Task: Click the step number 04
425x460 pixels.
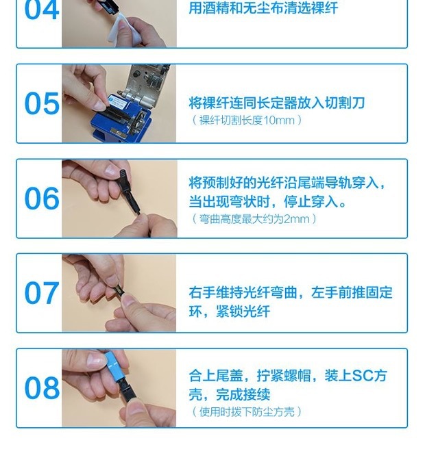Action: click(x=42, y=10)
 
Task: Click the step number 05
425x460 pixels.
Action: click(x=42, y=104)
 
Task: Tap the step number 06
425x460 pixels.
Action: click(x=42, y=199)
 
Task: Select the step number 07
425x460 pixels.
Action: click(x=42, y=294)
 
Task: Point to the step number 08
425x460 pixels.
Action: click(x=42, y=388)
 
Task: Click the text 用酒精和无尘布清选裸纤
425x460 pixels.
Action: click(x=263, y=9)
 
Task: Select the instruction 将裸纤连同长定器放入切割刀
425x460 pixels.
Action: click(x=276, y=103)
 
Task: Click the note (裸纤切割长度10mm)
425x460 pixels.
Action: click(x=247, y=120)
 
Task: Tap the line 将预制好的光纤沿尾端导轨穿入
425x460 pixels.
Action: click(x=287, y=183)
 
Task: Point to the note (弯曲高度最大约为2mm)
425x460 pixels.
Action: click(x=255, y=219)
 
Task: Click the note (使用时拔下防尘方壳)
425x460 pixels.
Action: click(x=247, y=411)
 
